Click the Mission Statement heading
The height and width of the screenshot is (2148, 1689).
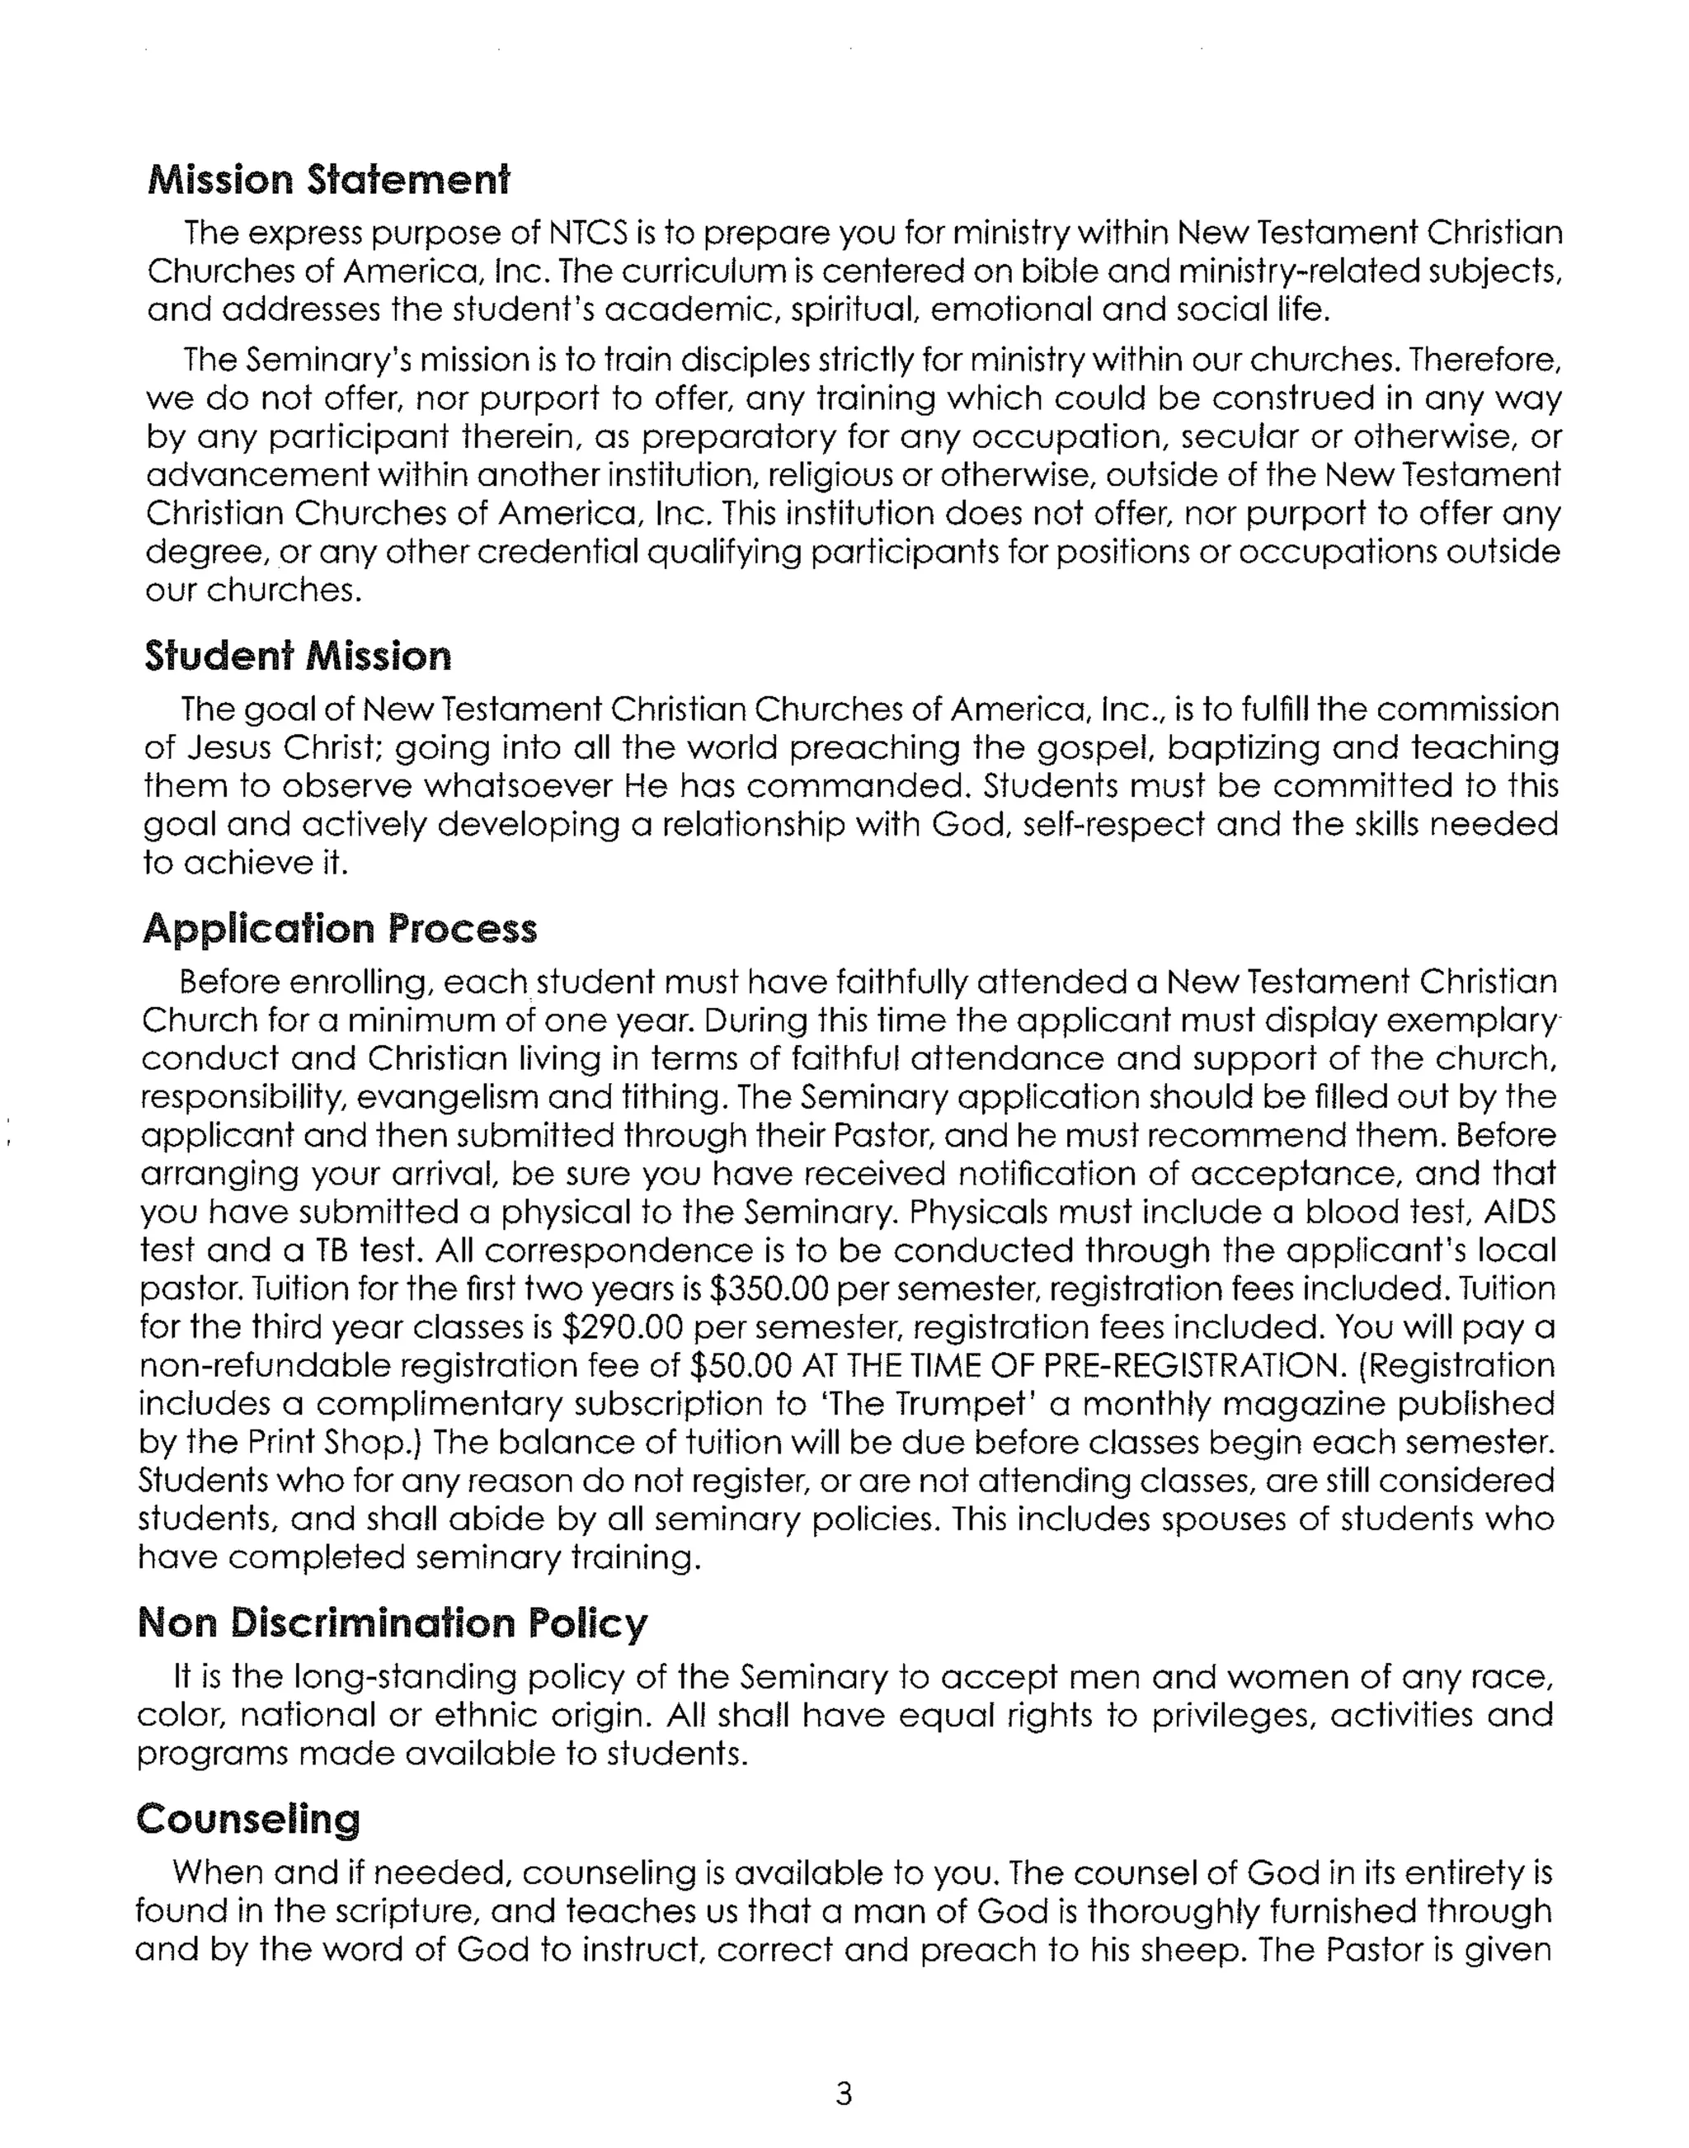328,181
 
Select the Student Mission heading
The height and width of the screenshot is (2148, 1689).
298,657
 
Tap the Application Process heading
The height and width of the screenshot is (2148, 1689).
339,929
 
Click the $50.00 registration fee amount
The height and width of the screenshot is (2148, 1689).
742,1366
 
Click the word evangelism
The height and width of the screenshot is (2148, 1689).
446,1098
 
